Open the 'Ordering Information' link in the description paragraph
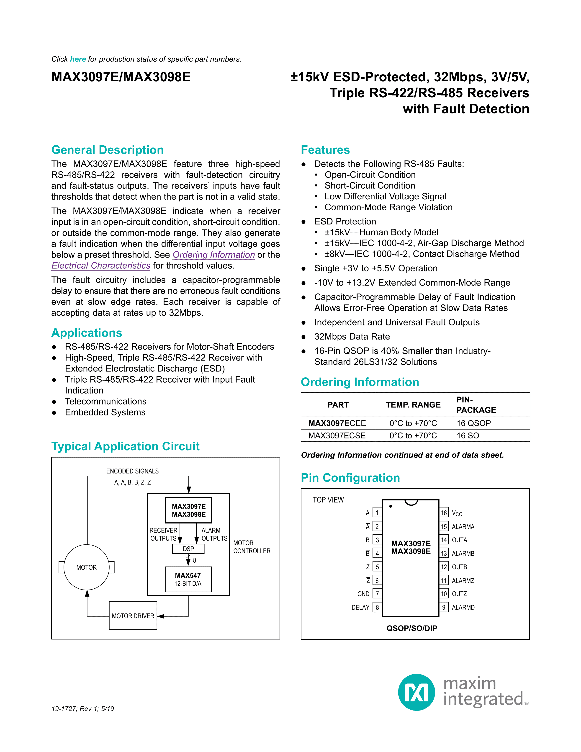click(213, 255)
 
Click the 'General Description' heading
click(107, 150)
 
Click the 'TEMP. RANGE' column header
click(413, 405)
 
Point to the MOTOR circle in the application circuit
click(86, 567)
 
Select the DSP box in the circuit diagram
click(188, 549)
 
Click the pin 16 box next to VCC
click(444, 513)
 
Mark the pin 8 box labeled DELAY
click(377, 607)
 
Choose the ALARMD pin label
click(463, 607)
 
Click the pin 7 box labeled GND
click(377, 594)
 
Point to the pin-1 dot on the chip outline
click(391, 506)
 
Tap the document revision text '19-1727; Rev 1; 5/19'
click(83, 709)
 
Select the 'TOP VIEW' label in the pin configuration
click(328, 500)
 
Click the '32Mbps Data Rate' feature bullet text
click(352, 337)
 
